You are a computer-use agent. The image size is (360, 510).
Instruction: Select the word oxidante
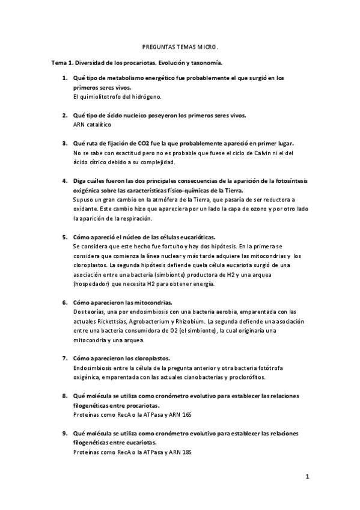pos(86,209)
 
